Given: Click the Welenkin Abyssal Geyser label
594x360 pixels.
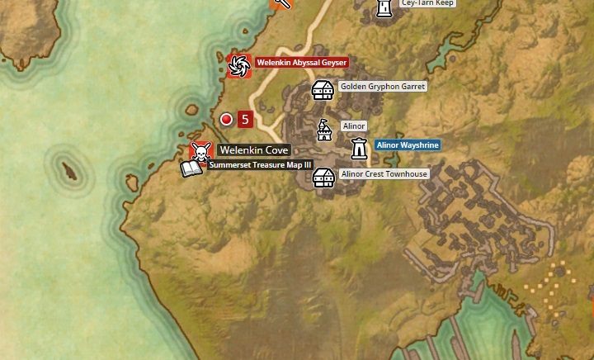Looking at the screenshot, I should pos(301,63).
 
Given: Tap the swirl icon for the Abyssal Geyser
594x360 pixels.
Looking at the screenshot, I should pos(238,64).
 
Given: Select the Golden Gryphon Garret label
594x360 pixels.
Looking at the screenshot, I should pos(383,87).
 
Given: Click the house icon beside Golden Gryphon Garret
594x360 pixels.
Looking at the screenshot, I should pos(323,88).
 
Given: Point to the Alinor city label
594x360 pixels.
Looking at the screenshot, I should pos(353,126).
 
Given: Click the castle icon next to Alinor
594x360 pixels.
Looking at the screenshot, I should pos(325,129).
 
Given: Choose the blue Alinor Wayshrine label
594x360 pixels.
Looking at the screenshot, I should pos(408,144).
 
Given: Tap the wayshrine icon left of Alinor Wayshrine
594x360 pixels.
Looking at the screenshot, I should pos(359,149).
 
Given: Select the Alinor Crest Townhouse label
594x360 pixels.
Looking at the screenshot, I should pos(384,175).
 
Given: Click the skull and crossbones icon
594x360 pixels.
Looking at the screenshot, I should pos(199,151).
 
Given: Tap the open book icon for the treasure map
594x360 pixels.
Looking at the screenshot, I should pos(191,169).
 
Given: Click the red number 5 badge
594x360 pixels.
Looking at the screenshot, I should pos(244,120).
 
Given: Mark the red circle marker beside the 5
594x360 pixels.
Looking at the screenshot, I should pos(226,120).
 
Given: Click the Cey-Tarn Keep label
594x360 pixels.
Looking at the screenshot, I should pos(427,3).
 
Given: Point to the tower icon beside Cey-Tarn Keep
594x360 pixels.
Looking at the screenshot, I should pos(384,7).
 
